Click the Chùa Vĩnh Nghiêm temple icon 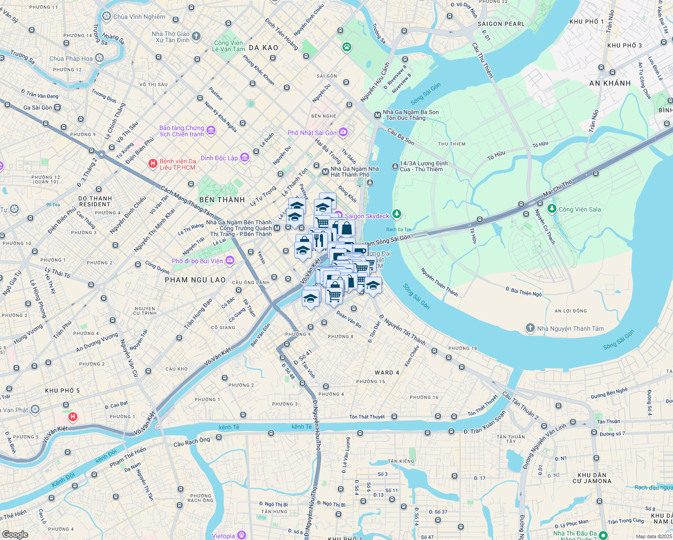tap(107, 17)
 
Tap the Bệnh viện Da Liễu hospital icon tap(153, 164)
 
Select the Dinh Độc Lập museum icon tap(245, 157)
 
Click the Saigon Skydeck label tap(367, 216)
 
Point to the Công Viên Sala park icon tap(552, 209)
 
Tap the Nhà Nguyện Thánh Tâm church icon tap(530, 328)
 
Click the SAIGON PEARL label tap(501, 24)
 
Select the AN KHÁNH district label tap(610, 83)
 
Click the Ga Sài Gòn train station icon tap(58, 108)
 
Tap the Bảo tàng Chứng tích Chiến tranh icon tap(211, 130)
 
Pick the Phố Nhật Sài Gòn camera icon tap(343, 132)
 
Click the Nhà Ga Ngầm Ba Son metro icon tap(377, 115)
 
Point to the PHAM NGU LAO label tap(195, 280)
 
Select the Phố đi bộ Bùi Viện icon tap(230, 261)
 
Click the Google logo tap(15, 534)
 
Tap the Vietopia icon tap(242, 535)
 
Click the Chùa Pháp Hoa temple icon tap(99, 58)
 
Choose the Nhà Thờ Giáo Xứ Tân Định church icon tap(196, 36)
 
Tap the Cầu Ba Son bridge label tap(400, 136)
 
